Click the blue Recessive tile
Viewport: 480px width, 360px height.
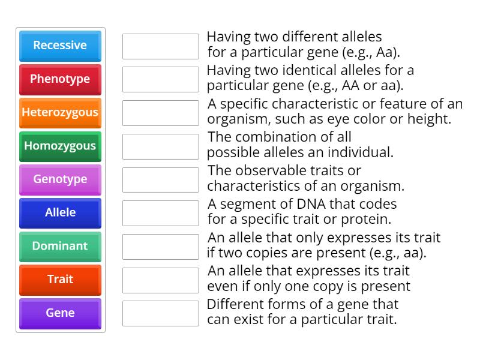coord(60,46)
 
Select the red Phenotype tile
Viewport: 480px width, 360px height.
coord(60,79)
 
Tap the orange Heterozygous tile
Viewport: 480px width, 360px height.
coord(60,113)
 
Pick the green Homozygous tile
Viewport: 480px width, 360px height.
coord(60,146)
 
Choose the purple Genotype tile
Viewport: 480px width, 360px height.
coord(60,179)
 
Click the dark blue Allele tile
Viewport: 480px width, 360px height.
coord(60,213)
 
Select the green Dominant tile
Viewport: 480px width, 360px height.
coord(60,247)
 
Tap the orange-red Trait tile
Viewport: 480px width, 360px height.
coord(60,280)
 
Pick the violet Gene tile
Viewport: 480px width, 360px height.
coord(60,313)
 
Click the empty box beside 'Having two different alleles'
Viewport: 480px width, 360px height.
coord(160,46)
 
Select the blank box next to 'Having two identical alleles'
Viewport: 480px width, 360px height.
coord(160,79)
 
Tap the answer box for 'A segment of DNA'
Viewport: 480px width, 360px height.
coord(160,213)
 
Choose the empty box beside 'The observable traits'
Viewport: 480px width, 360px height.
coord(160,179)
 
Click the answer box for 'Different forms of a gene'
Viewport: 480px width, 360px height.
coord(160,313)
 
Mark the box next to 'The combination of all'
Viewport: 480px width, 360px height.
coord(160,146)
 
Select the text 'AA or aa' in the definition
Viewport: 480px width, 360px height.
coord(376,85)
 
